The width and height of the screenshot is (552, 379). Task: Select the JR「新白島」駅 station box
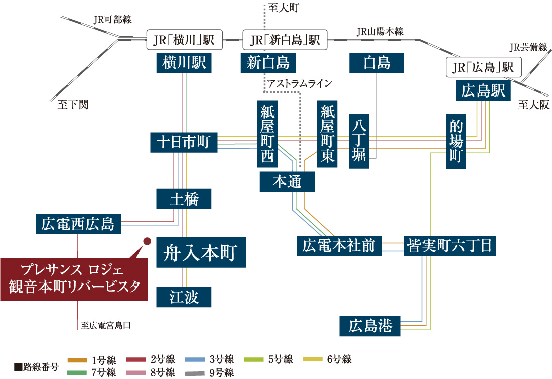pos(285,40)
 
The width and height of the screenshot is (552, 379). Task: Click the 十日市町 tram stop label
pos(183,142)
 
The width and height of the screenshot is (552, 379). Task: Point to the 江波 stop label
pos(184,297)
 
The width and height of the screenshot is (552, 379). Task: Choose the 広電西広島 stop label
pos(78,223)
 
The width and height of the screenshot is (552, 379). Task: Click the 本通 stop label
pos(287,182)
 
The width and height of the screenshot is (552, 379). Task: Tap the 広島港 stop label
pos(371,326)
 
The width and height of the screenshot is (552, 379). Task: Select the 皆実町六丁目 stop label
pos(451,246)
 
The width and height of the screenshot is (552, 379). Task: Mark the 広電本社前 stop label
pos(339,246)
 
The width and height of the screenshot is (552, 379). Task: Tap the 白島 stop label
pos(377,63)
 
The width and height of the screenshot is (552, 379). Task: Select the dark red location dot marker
pos(148,241)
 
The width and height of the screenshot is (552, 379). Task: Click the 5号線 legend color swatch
pos(254,359)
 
